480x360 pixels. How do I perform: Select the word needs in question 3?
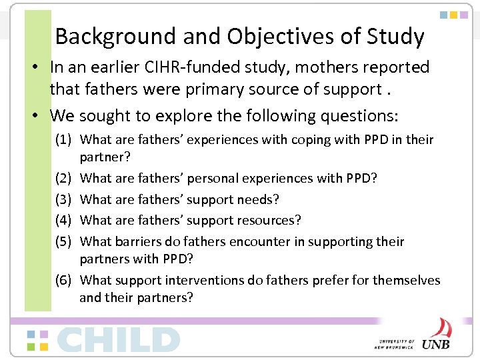coord(259,199)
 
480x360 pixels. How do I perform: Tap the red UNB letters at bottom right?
coord(437,344)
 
